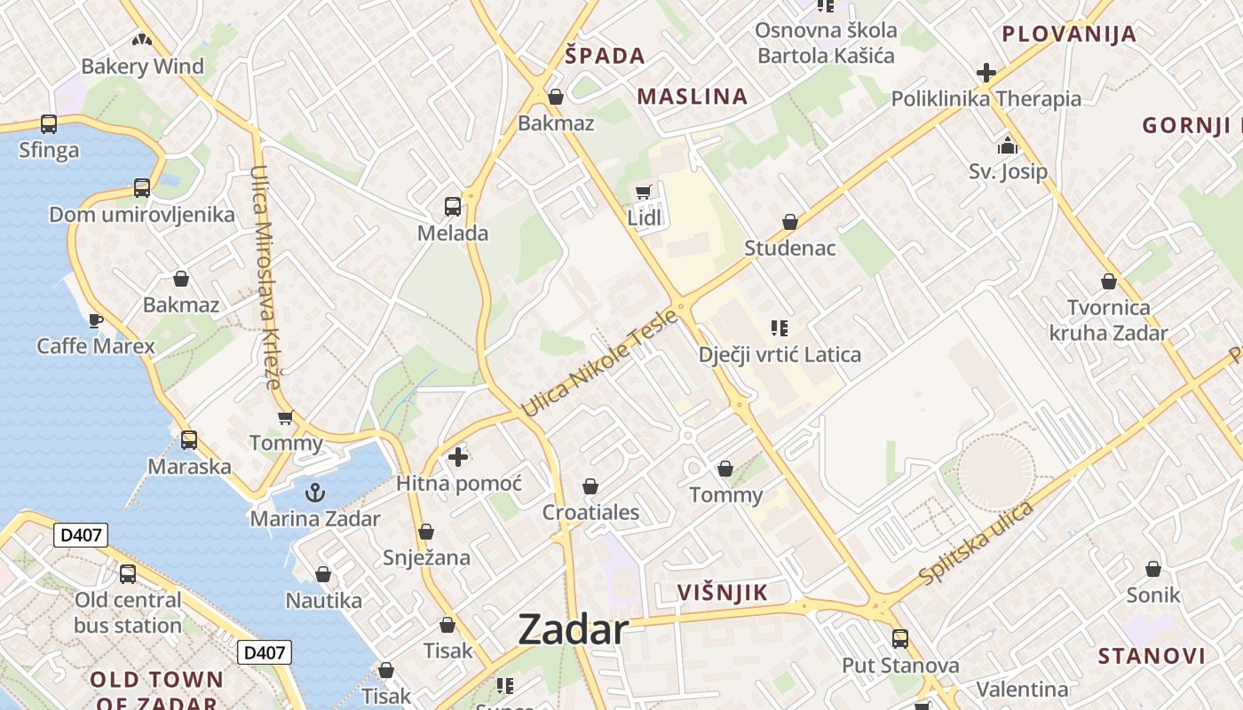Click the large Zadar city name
(573, 630)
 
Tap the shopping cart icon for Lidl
(644, 193)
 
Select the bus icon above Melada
(453, 207)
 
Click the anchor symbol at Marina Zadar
(315, 493)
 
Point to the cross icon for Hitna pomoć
(458, 457)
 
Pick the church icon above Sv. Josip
(1008, 145)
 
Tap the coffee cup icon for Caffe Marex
(96, 319)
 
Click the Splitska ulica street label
(977, 543)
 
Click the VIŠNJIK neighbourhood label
(722, 593)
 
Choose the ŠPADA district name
(605, 56)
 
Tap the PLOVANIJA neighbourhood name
(1069, 35)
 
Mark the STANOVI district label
(1152, 657)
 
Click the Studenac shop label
(790, 248)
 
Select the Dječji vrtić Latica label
(780, 355)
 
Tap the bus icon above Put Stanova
(900, 639)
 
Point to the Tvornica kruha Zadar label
(1108, 320)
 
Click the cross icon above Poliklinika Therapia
(986, 73)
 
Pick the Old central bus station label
(128, 612)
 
